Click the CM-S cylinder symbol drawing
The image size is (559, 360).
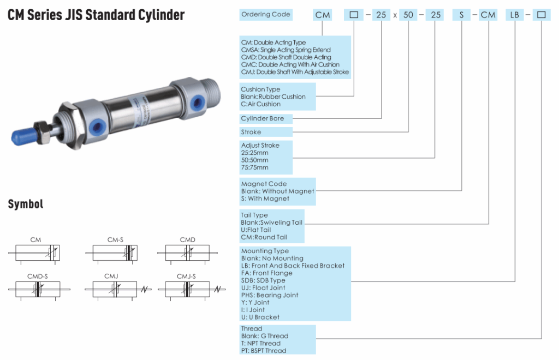click(114, 252)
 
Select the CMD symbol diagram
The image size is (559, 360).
click(187, 252)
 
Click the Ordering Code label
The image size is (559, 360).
click(266, 14)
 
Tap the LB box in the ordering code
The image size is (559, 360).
click(515, 15)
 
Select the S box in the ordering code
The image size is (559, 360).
click(462, 15)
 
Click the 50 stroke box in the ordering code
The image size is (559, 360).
click(408, 15)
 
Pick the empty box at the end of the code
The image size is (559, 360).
click(541, 15)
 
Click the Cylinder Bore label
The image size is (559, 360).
click(263, 118)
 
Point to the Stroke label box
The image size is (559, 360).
click(251, 132)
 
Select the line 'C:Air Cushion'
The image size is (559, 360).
click(261, 104)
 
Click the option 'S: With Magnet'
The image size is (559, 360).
click(265, 199)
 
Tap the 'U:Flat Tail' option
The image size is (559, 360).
click(256, 230)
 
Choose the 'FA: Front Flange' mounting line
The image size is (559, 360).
click(267, 273)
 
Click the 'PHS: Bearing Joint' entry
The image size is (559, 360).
click(270, 295)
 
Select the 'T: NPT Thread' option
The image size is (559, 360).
click(261, 344)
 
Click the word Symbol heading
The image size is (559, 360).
click(25, 205)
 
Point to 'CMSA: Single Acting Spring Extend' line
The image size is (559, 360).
click(286, 50)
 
